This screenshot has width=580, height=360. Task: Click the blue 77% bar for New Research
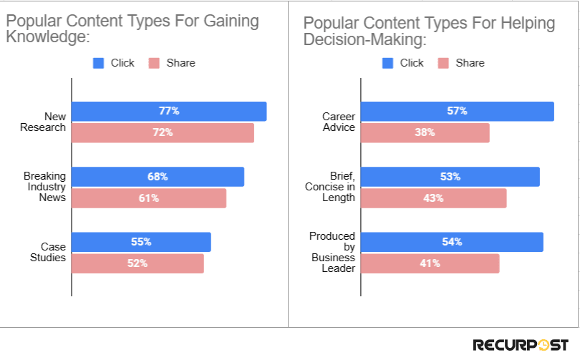click(169, 111)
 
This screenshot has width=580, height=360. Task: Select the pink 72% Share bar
click(163, 132)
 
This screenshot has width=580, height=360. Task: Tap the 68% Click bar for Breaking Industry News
click(158, 176)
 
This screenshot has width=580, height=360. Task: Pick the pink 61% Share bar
click(149, 198)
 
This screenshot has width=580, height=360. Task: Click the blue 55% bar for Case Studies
click(141, 242)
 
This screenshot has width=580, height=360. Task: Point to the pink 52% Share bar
click(137, 263)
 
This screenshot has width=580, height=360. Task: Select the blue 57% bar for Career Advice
click(457, 111)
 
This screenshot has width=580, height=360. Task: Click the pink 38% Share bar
click(425, 132)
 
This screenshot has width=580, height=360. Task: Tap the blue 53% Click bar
click(450, 176)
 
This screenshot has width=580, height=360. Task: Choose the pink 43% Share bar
click(433, 198)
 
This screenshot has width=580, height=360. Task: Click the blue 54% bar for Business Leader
click(452, 242)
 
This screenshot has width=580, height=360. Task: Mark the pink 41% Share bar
click(430, 263)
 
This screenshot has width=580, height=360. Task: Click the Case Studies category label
click(52, 252)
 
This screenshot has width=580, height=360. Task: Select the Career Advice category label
click(339, 122)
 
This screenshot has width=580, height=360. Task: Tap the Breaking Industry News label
click(44, 187)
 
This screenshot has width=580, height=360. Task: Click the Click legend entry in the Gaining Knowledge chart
click(115, 63)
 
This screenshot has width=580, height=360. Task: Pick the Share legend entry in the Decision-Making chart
click(462, 63)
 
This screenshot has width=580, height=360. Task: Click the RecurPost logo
click(520, 345)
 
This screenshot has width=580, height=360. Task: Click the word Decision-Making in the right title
click(364, 39)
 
